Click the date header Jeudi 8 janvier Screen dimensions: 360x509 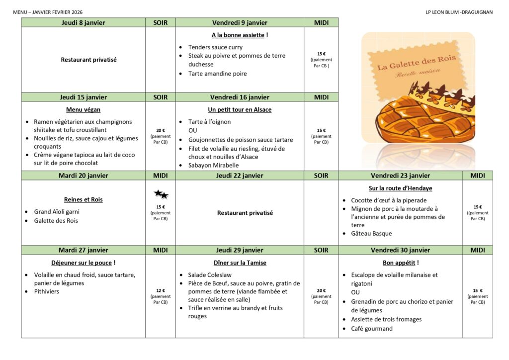click(x=83, y=22)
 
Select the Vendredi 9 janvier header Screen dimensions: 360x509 click(x=240, y=22)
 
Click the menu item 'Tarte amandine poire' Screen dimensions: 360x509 click(x=217, y=74)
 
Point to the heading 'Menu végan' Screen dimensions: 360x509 click(x=83, y=110)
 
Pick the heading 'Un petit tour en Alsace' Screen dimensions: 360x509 click(x=240, y=110)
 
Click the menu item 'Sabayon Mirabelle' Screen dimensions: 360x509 click(x=213, y=165)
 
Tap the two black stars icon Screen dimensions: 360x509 click(x=161, y=194)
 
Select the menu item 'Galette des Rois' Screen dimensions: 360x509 click(x=56, y=220)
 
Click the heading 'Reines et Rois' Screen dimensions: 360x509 click(x=83, y=199)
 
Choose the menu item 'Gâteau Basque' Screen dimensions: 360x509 click(x=371, y=233)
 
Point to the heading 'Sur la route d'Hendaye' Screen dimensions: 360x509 click(x=400, y=188)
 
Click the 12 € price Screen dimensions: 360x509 click(x=161, y=290)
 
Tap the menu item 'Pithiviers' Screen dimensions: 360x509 click(x=46, y=291)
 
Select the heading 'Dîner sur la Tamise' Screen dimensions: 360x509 click(x=240, y=263)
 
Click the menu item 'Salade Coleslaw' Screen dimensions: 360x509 click(x=210, y=274)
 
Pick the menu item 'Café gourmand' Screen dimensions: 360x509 click(x=372, y=328)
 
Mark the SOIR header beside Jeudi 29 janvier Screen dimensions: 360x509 click(x=321, y=250)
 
